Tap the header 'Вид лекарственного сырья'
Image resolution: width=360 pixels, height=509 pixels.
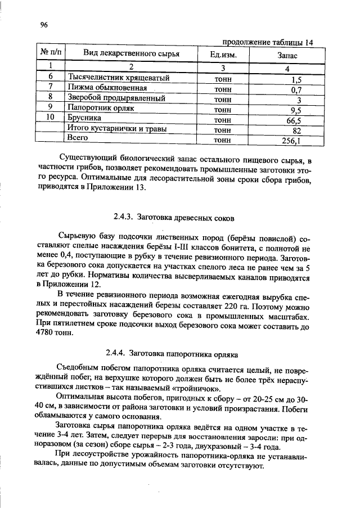pyautogui.click(x=131, y=54)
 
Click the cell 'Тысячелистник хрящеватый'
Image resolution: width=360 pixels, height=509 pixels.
pyautogui.click(x=118, y=78)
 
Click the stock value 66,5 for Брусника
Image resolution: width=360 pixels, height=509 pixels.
pyautogui.click(x=294, y=120)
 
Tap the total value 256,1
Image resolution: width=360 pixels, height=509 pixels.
pyautogui.click(x=292, y=141)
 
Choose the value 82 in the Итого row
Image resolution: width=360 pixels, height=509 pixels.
pyautogui.click(x=297, y=130)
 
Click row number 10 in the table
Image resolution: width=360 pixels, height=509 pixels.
pyautogui.click(x=50, y=118)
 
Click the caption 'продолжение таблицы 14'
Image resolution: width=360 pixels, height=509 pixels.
pyautogui.click(x=268, y=42)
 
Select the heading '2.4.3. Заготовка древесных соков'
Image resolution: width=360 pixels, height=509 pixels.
pyautogui.click(x=173, y=216)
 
